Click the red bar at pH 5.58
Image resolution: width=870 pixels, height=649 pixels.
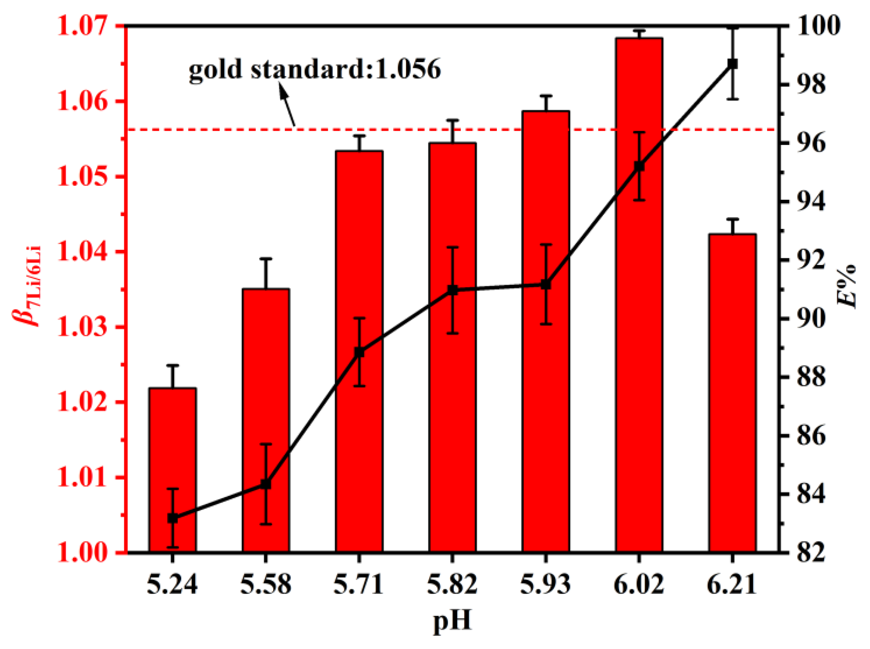pos(266,393)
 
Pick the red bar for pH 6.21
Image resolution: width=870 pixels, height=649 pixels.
pos(732,393)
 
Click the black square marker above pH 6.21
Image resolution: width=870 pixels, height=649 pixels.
pos(732,64)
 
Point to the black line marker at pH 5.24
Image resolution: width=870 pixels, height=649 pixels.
pos(173,518)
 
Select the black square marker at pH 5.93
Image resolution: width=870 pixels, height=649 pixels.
pos(546,285)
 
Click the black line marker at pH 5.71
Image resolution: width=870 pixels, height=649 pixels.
pos(359,352)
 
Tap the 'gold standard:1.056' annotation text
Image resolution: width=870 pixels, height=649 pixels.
pos(315,70)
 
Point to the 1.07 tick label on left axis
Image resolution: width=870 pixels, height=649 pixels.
pos(82,25)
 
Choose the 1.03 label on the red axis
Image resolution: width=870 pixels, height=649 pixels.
pos(82,327)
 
